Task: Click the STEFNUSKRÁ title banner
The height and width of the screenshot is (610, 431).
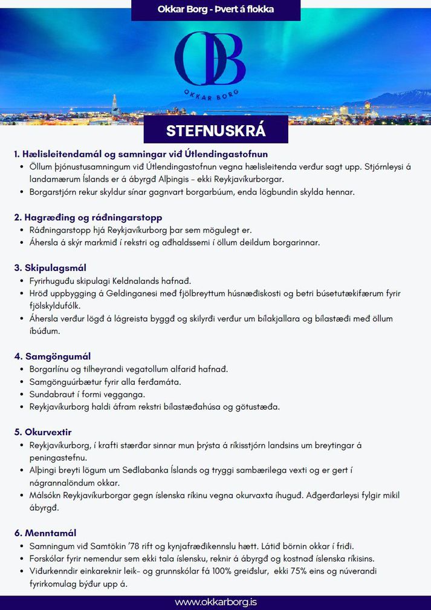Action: point(216,131)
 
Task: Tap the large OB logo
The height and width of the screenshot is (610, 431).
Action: point(209,59)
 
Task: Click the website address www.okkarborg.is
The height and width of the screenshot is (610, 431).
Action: point(216,602)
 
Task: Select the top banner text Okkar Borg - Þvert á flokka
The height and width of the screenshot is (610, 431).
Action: point(216,9)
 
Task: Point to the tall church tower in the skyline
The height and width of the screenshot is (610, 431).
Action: point(115,104)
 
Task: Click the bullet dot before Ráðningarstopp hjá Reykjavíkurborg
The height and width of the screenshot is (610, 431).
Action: point(22,231)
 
